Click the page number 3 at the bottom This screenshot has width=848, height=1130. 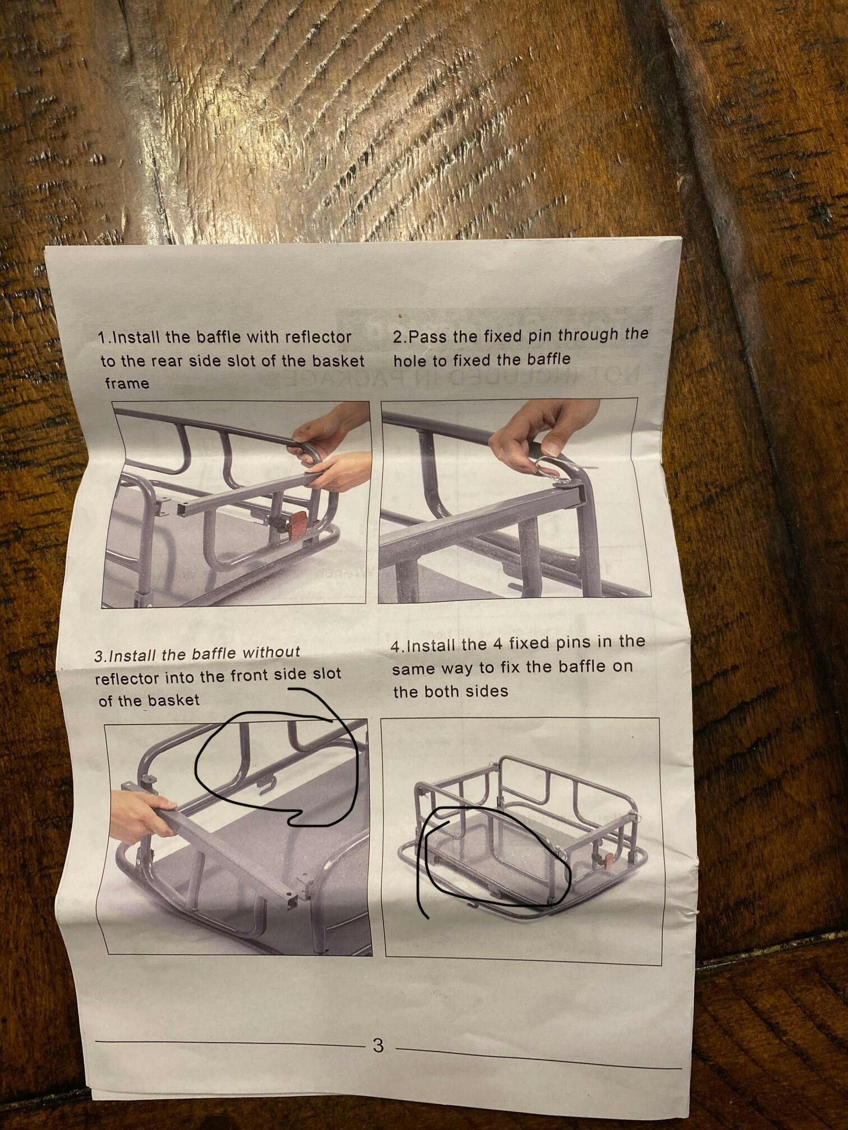[378, 1045]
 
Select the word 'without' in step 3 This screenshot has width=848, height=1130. [271, 652]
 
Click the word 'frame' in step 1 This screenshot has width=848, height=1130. [127, 384]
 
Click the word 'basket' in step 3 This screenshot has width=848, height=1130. [173, 700]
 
